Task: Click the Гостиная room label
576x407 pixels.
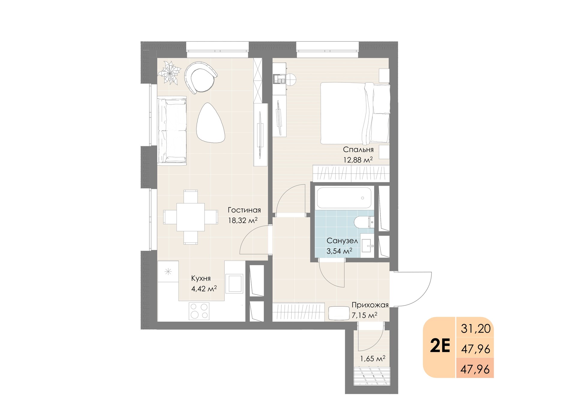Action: pyautogui.click(x=244, y=210)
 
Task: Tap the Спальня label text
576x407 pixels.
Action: pyautogui.click(x=358, y=150)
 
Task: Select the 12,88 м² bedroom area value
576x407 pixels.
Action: pyautogui.click(x=358, y=160)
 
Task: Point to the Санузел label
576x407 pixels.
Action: pyautogui.click(x=342, y=241)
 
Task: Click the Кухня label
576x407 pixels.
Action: pyautogui.click(x=201, y=278)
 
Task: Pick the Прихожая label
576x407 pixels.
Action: pyautogui.click(x=370, y=305)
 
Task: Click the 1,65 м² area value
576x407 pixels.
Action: pyautogui.click(x=373, y=358)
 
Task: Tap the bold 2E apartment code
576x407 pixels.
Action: pyautogui.click(x=440, y=346)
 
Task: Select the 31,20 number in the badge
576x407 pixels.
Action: pyautogui.click(x=476, y=329)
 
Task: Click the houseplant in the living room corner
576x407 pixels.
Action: pyautogui.click(x=170, y=73)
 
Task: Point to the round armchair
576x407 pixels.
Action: pyautogui.click(x=200, y=78)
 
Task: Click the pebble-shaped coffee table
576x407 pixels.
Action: pyautogui.click(x=210, y=123)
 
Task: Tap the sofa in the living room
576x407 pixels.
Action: pyautogui.click(x=172, y=131)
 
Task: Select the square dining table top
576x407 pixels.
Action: pyautogui.click(x=190, y=217)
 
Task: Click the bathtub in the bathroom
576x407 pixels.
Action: pyautogui.click(x=344, y=198)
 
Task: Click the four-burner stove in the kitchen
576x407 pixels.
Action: pyautogui.click(x=199, y=311)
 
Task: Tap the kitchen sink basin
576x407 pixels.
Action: pyautogui.click(x=235, y=283)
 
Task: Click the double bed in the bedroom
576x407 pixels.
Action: pyautogui.click(x=355, y=113)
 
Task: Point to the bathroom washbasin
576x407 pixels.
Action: pyautogui.click(x=367, y=246)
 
